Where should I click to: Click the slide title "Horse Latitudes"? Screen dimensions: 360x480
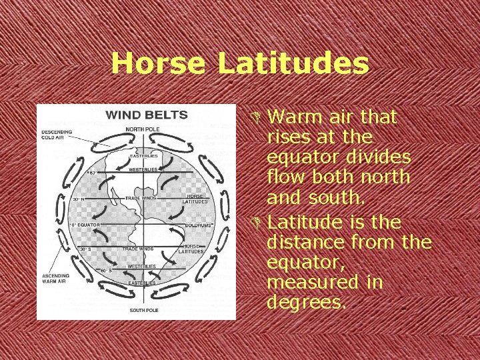[240, 64]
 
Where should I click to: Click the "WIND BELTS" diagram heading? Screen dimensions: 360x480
[147, 115]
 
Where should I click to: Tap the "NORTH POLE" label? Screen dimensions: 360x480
[143, 129]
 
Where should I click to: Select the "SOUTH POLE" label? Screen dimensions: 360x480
[143, 310]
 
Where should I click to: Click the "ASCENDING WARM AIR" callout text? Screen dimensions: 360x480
[57, 280]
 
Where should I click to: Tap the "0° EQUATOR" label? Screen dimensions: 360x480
[86, 225]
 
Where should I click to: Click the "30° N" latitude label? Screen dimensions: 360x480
[79, 199]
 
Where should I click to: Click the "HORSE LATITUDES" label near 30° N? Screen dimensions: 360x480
[195, 199]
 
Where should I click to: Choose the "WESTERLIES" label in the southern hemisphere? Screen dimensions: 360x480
[142, 267]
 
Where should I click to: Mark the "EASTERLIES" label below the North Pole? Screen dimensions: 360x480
[143, 156]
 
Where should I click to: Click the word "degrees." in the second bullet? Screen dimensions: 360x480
[307, 302]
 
